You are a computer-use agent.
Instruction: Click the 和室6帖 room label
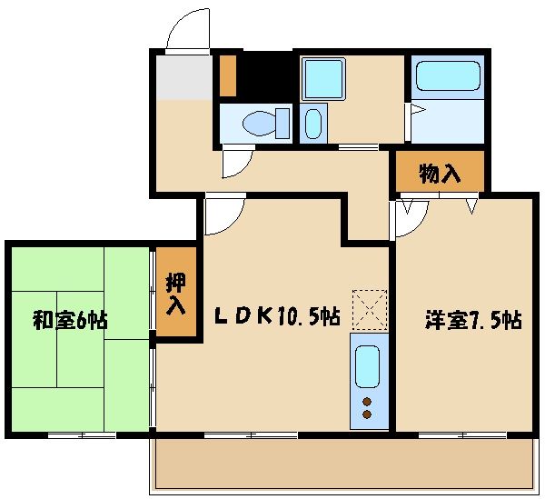71,320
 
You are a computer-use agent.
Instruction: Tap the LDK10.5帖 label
277,316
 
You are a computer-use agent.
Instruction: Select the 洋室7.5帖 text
473,320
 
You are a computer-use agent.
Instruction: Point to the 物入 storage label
440,173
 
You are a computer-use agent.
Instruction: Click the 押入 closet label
175,293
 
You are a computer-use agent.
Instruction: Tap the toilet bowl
263,122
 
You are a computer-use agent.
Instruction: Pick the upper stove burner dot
367,400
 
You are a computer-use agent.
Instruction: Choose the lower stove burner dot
367,414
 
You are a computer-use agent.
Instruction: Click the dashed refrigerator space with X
369,309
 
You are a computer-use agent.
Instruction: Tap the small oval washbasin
313,122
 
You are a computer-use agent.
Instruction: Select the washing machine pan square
322,77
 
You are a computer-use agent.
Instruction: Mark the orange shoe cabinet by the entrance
228,75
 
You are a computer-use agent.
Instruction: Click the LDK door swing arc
223,214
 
